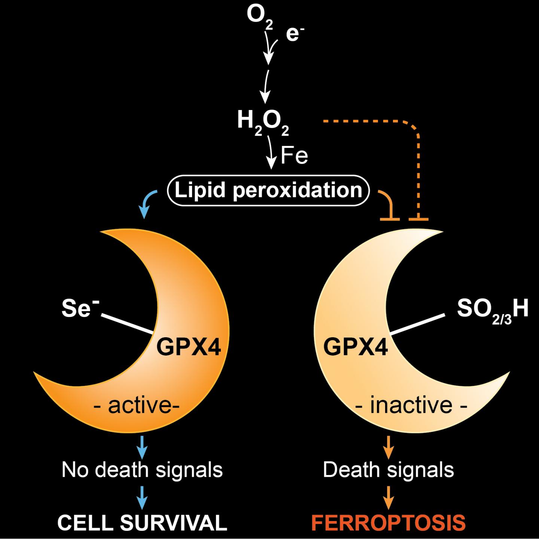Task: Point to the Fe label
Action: click(294, 155)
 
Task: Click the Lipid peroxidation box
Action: click(268, 190)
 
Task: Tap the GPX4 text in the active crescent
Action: click(189, 347)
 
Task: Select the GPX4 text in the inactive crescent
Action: click(355, 347)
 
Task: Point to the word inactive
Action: click(411, 406)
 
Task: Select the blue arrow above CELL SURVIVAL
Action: click(142, 497)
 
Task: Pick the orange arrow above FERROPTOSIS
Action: click(389, 497)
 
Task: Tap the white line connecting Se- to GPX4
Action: click(127, 323)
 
